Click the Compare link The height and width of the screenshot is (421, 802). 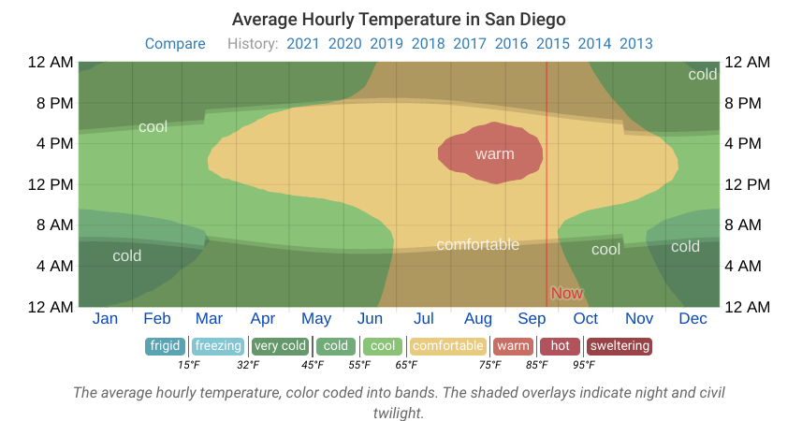click(x=175, y=44)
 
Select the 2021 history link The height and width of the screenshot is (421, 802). click(x=303, y=44)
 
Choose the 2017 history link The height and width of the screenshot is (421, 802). click(x=469, y=44)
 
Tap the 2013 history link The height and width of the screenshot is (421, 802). click(x=636, y=44)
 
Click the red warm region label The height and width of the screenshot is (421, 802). click(x=494, y=153)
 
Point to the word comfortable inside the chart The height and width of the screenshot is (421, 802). click(x=477, y=245)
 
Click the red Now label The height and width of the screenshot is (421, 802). click(x=566, y=293)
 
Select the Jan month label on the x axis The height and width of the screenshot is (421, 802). click(x=105, y=319)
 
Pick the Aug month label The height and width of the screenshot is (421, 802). click(x=478, y=319)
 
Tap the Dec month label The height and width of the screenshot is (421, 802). click(x=693, y=319)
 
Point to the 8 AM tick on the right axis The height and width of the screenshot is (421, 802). click(x=747, y=225)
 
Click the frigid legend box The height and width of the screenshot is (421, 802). click(x=165, y=346)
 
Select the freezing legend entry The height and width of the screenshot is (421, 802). click(x=218, y=346)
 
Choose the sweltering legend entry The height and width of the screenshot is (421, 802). click(x=619, y=346)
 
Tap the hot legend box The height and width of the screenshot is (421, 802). click(x=560, y=346)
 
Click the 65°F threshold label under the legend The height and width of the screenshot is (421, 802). click(x=405, y=365)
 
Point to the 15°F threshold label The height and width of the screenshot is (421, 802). click(x=189, y=365)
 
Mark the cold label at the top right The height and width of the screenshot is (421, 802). click(x=702, y=75)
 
